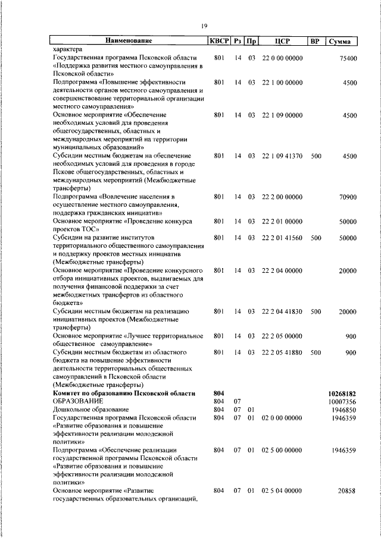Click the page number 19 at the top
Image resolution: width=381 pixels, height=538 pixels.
pyautogui.click(x=204, y=25)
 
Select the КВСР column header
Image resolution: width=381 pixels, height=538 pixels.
pyautogui.click(x=218, y=41)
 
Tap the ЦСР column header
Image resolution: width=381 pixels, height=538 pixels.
pyautogui.click(x=282, y=41)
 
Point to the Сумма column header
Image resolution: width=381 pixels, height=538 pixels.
pyautogui.click(x=343, y=42)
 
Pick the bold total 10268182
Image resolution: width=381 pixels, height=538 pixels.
pyautogui.click(x=342, y=394)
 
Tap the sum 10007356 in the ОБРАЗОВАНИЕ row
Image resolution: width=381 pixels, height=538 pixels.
pyautogui.click(x=342, y=402)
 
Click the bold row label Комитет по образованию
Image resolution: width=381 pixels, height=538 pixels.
pyautogui.click(x=123, y=394)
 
